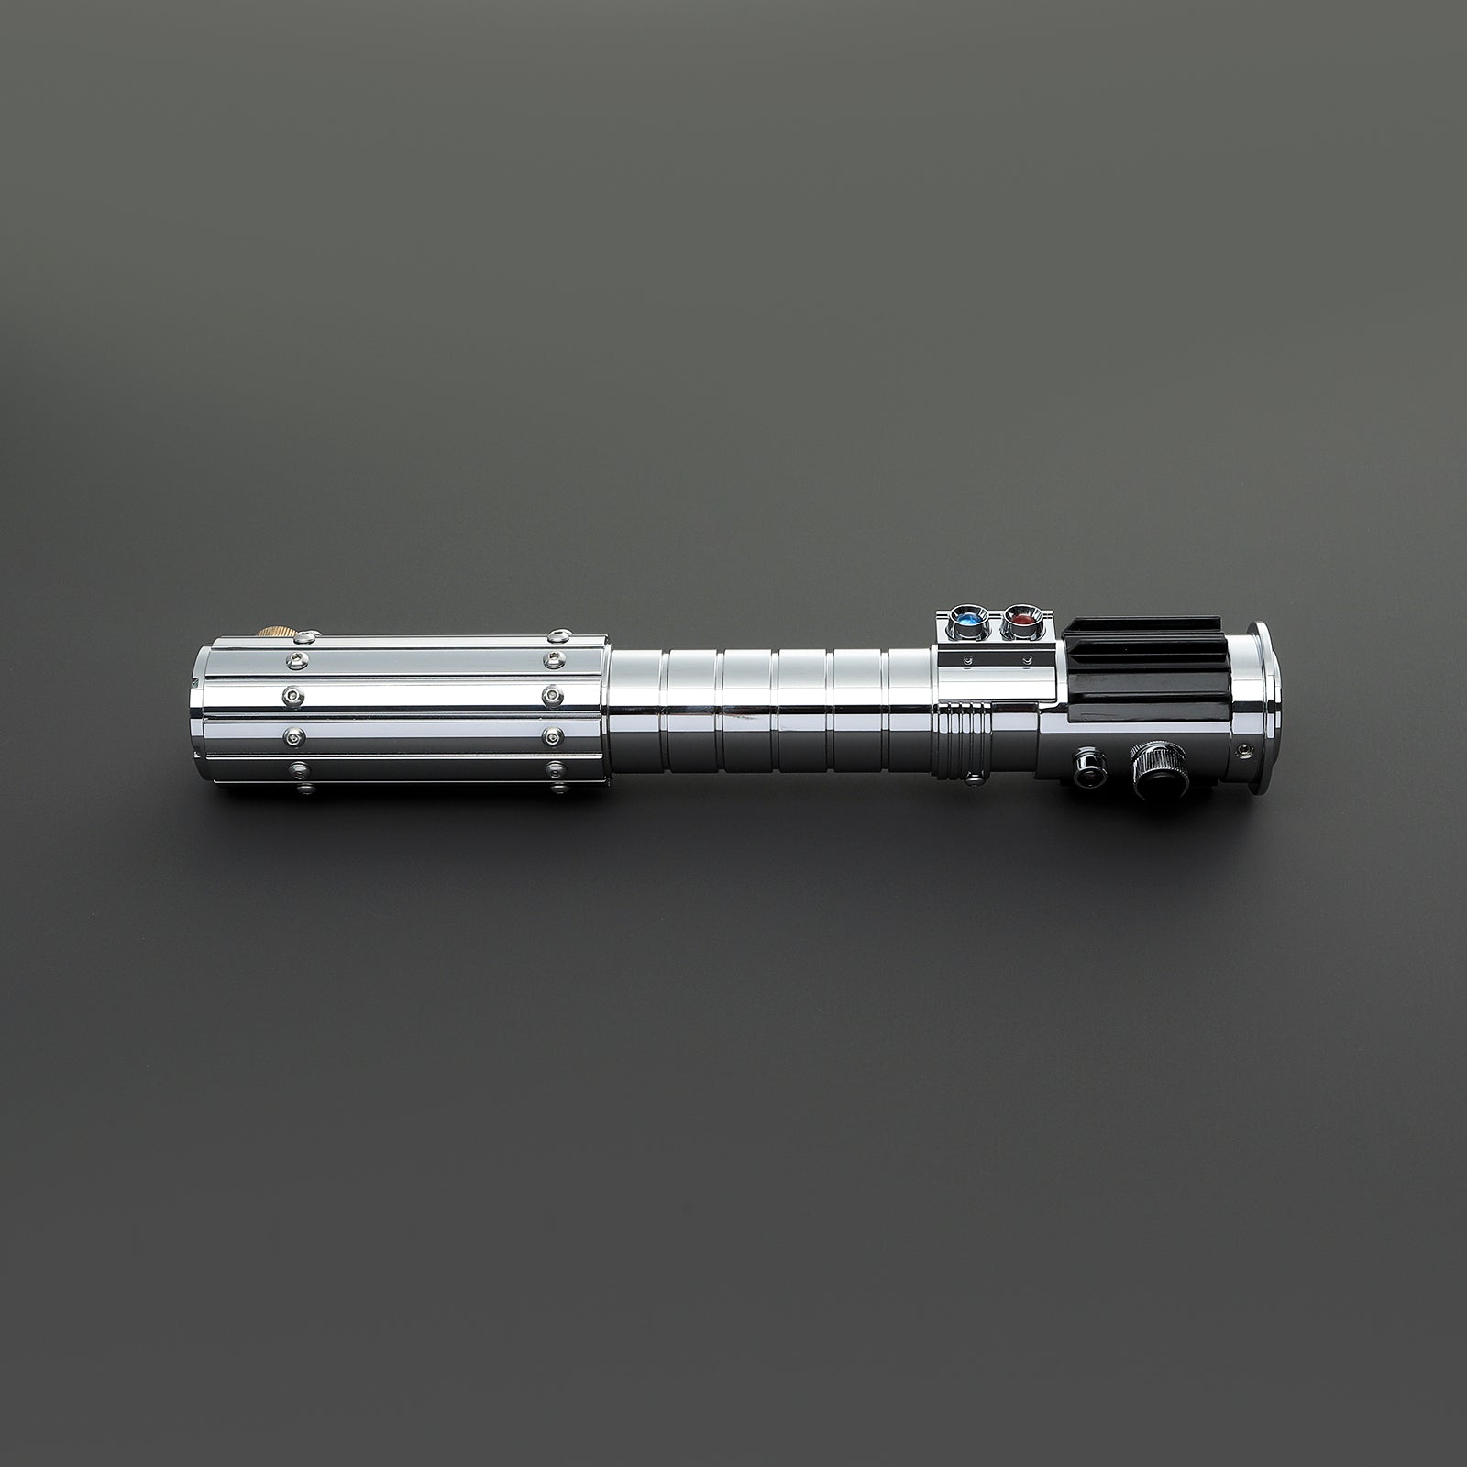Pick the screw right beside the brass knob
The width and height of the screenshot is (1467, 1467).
312,632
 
